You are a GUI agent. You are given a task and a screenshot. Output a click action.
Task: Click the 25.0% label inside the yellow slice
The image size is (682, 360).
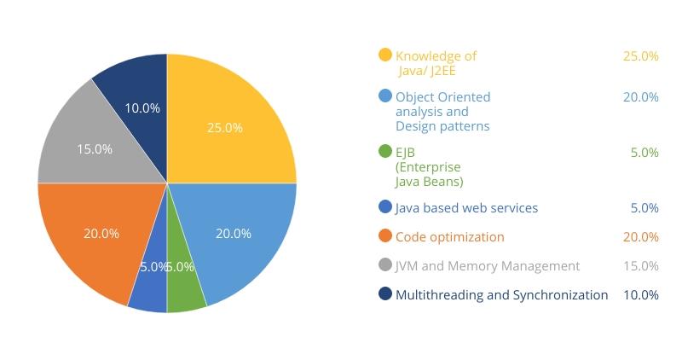tap(225, 128)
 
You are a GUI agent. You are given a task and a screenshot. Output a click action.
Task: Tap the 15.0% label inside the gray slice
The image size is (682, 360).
tap(95, 148)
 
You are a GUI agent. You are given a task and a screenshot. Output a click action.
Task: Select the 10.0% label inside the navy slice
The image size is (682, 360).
tap(142, 108)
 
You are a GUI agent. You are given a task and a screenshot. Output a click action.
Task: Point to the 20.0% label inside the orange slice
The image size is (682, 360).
tap(101, 233)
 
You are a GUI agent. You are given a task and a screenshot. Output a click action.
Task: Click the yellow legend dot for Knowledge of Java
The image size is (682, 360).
tap(385, 55)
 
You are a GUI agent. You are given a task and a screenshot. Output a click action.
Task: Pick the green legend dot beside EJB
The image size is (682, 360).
tap(385, 152)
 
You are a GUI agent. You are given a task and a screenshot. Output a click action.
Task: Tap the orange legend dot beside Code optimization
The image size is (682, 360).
tap(385, 236)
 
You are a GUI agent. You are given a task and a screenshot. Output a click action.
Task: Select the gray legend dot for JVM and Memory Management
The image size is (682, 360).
tap(385, 265)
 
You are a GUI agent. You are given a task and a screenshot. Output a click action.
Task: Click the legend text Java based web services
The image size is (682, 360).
tap(466, 207)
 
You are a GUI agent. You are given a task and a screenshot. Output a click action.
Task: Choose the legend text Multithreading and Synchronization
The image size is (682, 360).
tap(501, 294)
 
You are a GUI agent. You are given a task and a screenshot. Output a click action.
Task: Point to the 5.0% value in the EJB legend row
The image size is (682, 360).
tap(644, 153)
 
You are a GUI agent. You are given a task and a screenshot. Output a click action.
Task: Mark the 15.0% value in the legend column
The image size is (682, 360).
tap(640, 265)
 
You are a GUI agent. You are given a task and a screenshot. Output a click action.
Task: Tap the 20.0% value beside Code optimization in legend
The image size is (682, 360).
tap(640, 236)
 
